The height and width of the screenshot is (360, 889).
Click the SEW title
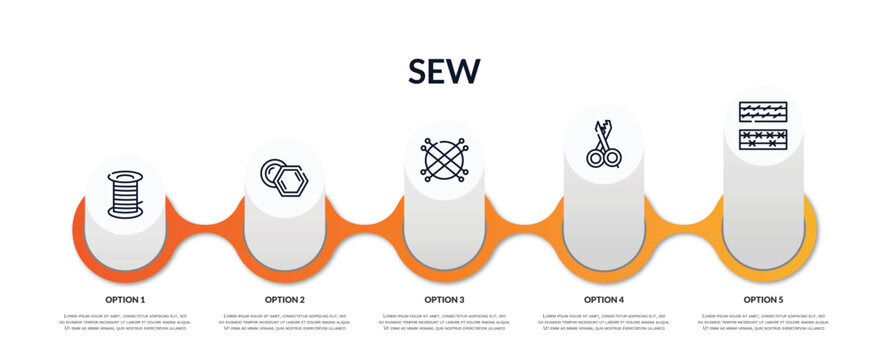444,71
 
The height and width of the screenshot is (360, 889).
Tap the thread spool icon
125,194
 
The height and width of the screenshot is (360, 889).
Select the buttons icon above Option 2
284,178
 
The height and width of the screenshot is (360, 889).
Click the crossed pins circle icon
443,160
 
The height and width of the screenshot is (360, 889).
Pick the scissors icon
603,144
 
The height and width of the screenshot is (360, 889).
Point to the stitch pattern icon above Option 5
763,126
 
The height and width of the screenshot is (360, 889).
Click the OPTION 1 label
125,299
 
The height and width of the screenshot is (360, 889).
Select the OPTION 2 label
284,299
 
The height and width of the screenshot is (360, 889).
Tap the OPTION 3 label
444,299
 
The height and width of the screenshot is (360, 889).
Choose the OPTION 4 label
604,299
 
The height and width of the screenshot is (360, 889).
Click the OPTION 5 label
763,299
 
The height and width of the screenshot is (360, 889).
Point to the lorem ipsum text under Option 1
125,322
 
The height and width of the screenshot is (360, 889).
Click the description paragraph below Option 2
284,322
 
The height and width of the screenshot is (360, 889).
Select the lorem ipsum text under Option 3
444,322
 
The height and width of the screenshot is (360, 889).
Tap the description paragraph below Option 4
604,322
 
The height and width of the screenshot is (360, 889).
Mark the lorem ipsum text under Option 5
763,322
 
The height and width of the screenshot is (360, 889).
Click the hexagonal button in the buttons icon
291,182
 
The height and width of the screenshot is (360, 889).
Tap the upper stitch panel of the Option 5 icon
763,112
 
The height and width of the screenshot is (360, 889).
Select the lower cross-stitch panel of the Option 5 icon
763,139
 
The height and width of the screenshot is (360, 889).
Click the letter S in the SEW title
420,71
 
